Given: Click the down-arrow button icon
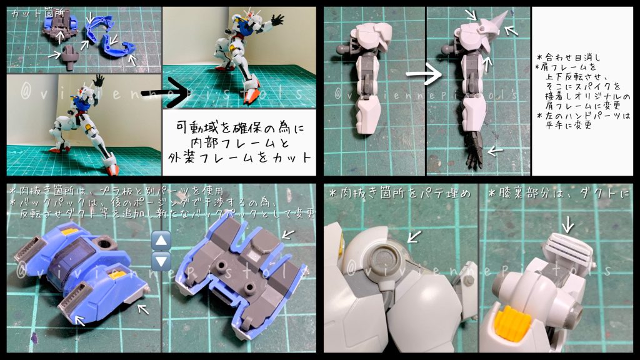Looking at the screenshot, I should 161,261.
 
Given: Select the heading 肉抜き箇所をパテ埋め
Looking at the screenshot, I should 399,194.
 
